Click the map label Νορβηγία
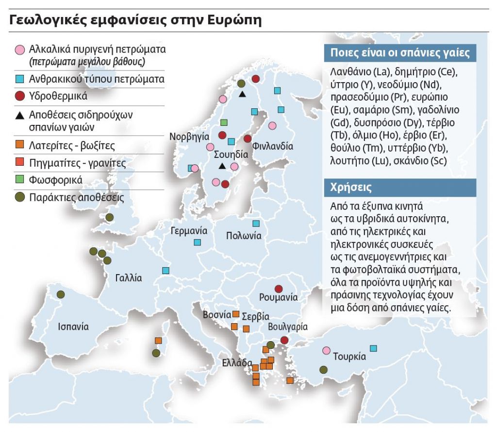pos(189,137)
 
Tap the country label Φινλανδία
pos(273,146)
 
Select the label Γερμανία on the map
pos(189,231)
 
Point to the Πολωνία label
pos(244,236)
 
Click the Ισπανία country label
pos(73,327)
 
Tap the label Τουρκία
pos(349,356)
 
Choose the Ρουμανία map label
pos(279,297)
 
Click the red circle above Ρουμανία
pos(279,289)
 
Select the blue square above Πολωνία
pos(256,224)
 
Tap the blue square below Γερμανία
pos(198,242)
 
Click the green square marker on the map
pos(224,122)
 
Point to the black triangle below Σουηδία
pos(222,166)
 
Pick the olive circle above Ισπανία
pos(61,294)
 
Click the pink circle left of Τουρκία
pos(326,350)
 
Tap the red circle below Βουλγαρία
pos(284,340)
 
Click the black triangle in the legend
pos(19,116)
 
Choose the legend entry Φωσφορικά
pos(56,180)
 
